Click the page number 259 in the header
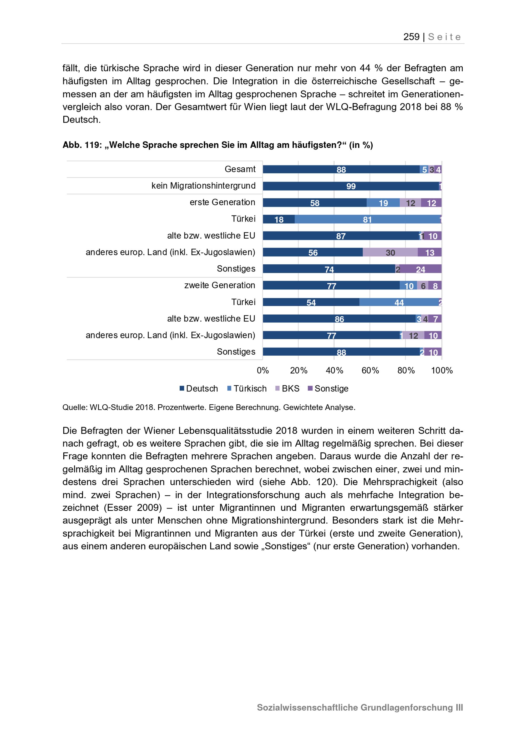point(411,37)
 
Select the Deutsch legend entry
point(199,389)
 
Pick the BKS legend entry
point(287,389)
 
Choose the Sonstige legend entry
point(328,389)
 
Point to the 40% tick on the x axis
point(334,370)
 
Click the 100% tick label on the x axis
point(442,370)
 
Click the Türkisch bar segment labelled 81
point(367,219)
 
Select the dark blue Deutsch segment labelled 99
point(351,186)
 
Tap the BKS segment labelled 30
point(390,253)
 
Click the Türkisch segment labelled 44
point(399,302)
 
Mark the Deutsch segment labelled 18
point(279,219)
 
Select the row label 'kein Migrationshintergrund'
point(203,186)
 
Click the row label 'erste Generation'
point(222,202)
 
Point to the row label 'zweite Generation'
point(220,285)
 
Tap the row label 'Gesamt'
point(240,169)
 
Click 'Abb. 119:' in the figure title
point(82,145)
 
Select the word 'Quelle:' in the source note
point(75,407)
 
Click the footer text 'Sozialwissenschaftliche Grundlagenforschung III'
point(360,707)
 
